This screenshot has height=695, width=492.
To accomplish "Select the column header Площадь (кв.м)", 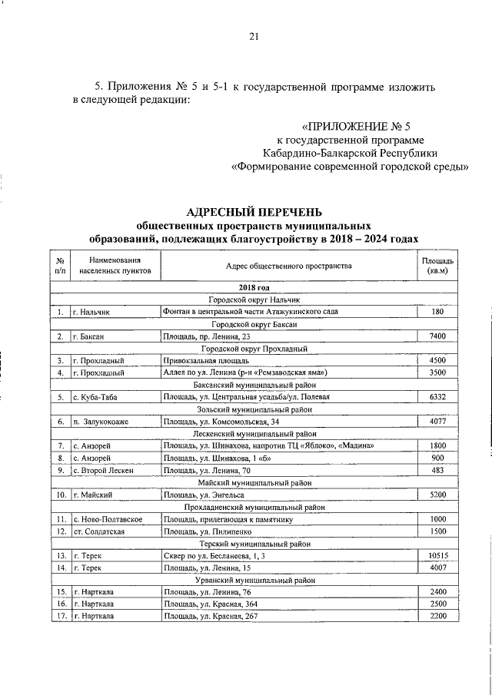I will (438, 266).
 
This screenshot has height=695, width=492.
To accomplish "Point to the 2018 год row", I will (257, 286).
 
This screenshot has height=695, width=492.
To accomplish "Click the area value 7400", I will (437, 336).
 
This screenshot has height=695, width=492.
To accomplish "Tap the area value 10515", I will (437, 554).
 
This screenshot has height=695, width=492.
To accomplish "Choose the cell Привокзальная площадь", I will (198, 360).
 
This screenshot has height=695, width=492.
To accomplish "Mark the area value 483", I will (437, 470).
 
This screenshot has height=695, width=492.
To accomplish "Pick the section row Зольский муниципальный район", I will (257, 409).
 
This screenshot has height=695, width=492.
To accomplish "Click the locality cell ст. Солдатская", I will (98, 531).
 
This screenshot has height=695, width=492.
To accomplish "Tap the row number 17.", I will (59, 616).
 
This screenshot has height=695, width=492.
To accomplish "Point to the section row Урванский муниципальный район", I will (257, 580).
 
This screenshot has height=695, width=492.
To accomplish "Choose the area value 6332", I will (437, 397).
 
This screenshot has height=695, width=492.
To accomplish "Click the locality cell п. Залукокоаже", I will (101, 422).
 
